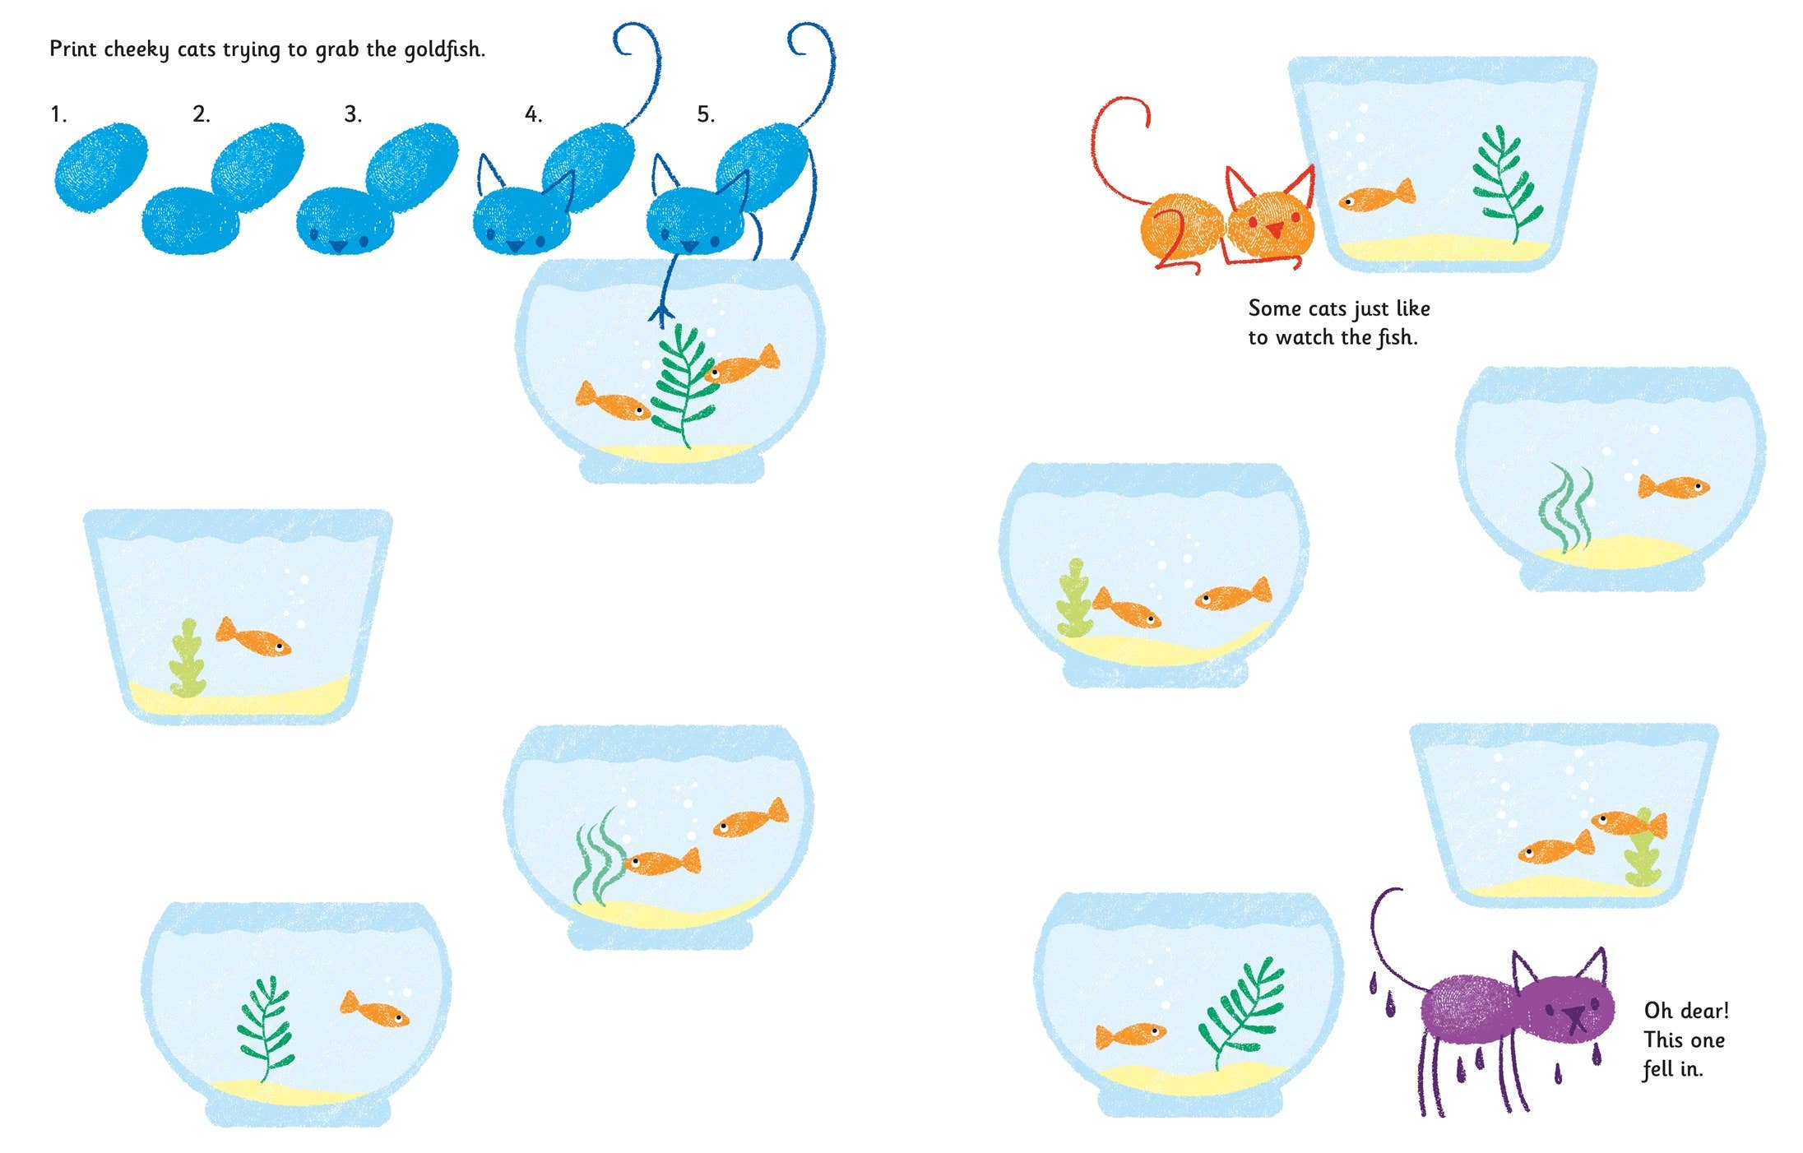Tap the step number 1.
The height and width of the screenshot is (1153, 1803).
pos(58,114)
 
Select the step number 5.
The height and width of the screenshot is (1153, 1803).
pos(705,114)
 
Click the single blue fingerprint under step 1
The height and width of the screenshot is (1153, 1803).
pos(100,167)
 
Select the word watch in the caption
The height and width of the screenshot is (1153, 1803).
pos(1305,338)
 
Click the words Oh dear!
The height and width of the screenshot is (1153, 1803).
pos(1685,1011)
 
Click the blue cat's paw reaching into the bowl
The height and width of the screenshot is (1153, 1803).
pos(660,313)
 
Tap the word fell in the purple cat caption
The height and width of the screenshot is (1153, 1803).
pos(1657,1069)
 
